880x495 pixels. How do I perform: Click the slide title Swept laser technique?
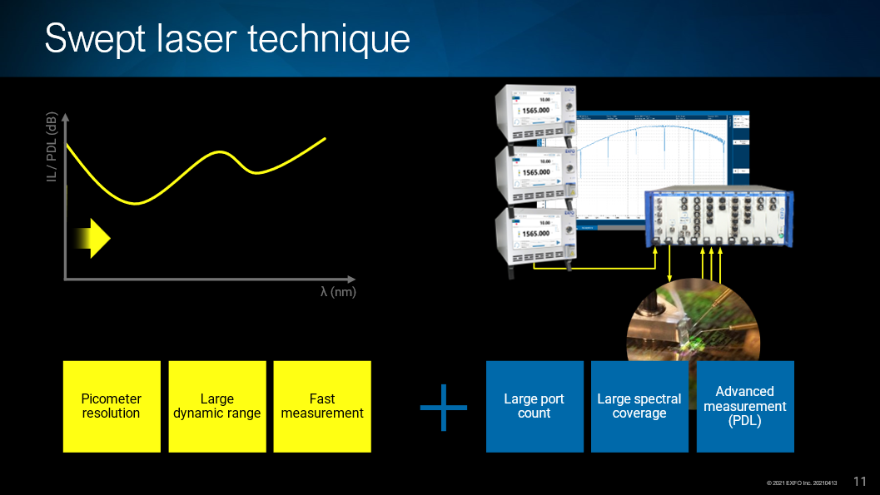227,39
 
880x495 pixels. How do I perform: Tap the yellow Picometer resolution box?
112,406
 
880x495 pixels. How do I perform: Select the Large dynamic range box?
217,406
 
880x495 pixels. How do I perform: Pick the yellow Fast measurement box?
322,406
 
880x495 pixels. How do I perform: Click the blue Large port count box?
534,406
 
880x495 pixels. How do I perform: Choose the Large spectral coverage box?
639,406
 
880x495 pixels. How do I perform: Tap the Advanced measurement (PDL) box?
745,406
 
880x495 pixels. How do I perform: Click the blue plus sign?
443,407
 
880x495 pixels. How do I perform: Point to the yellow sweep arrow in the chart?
92,238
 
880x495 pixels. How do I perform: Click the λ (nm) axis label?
338,292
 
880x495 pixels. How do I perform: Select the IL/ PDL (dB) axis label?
52,147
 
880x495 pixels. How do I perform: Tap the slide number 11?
860,481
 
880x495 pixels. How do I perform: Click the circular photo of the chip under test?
693,329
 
